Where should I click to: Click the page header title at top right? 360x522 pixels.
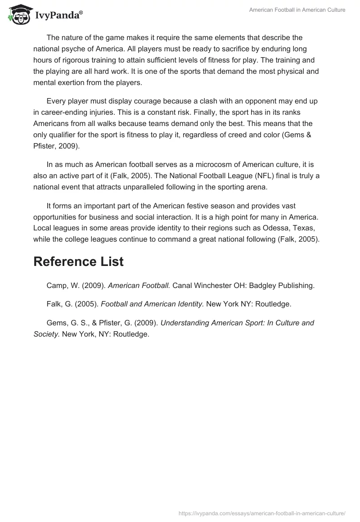(297, 10)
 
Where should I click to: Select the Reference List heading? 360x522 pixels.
(78, 262)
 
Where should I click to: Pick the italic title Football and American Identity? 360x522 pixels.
(153, 304)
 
